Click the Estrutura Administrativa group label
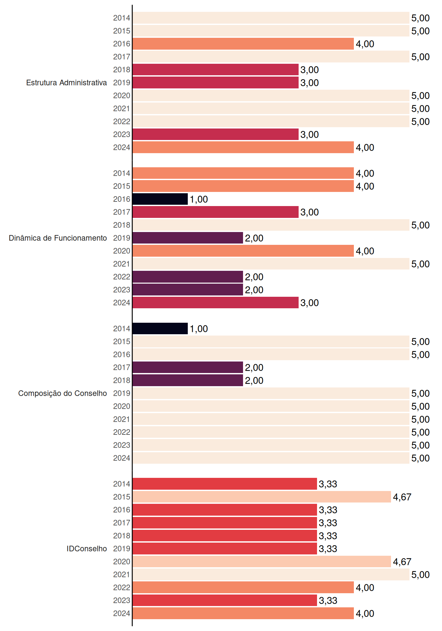[x=66, y=82]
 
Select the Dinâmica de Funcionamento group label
[x=58, y=238]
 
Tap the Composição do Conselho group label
[x=62, y=393]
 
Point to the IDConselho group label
[x=87, y=549]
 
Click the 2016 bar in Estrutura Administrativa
[x=243, y=44]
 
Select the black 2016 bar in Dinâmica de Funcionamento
[x=160, y=199]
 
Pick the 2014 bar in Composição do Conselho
[x=160, y=329]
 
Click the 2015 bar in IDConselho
[x=262, y=497]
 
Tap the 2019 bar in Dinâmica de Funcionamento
[x=188, y=238]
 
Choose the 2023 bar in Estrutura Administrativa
[x=216, y=134]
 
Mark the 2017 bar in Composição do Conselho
[x=188, y=367]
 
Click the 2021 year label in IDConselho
[x=122, y=574]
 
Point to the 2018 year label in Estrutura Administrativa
[x=122, y=70]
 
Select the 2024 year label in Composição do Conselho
[x=122, y=458]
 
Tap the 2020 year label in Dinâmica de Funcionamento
[x=122, y=251]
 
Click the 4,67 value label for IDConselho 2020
[x=402, y=562]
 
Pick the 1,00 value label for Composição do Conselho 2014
[x=199, y=329]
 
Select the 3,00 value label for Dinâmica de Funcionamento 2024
[x=309, y=303]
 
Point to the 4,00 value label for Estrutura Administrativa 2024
[x=365, y=148]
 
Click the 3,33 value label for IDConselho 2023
[x=328, y=600]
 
